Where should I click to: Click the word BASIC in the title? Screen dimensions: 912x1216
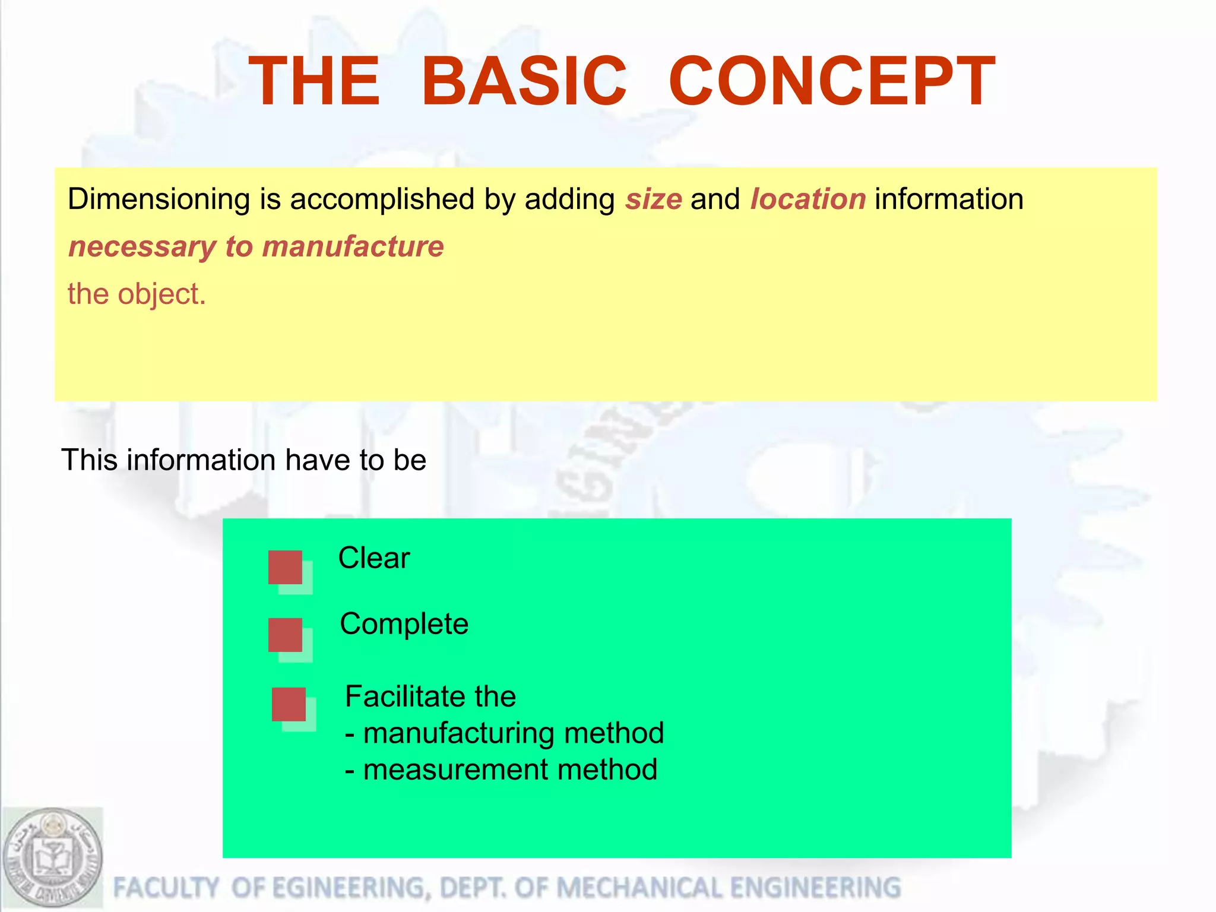tap(524, 81)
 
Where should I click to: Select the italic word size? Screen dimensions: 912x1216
tap(653, 199)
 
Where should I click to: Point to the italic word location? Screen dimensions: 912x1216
tap(808, 199)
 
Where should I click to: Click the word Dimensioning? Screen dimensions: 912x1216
tap(159, 199)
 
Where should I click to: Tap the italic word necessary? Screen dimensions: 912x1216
tap(142, 247)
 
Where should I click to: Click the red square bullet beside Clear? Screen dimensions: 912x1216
tap(286, 567)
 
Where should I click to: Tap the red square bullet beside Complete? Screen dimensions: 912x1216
tap(286, 635)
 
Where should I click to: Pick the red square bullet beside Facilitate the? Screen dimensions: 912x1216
tap(289, 704)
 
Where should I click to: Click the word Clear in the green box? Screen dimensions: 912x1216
tap(374, 558)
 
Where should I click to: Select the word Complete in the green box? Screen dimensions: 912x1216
tap(404, 625)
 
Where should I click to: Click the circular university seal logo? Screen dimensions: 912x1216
tap(52, 857)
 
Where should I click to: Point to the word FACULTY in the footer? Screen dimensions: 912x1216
tap(166, 888)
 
